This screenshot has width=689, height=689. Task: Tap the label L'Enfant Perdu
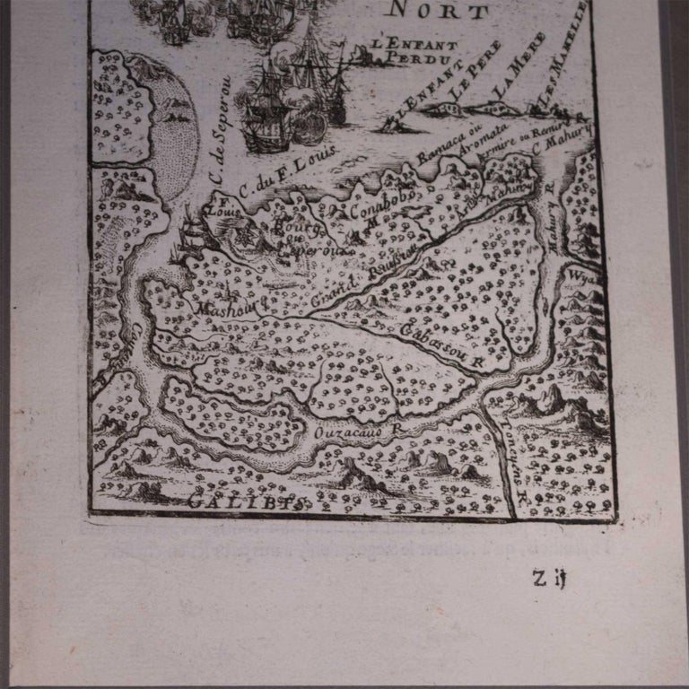click(416, 52)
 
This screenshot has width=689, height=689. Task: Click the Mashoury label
click(225, 308)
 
